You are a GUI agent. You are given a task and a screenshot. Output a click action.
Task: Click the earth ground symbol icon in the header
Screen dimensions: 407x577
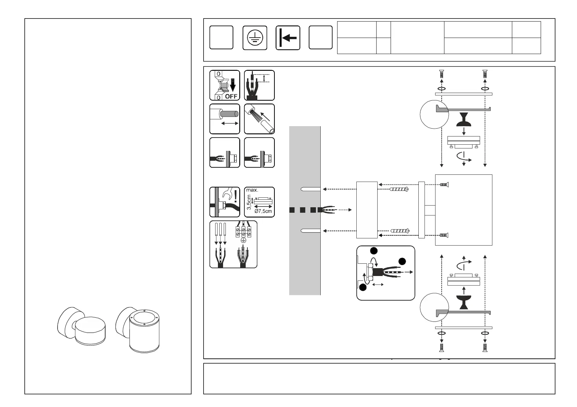pos(255,38)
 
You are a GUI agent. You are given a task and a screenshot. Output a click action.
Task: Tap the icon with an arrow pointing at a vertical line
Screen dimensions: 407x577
pos(288,38)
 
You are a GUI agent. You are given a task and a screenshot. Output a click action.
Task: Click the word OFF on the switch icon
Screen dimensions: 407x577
pos(231,96)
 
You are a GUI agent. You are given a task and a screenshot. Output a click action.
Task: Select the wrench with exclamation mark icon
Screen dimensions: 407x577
pos(224,202)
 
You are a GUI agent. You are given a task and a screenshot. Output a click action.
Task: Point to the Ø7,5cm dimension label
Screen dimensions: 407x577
pos(263,211)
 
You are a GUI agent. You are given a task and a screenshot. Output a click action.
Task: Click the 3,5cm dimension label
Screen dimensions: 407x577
pos(249,202)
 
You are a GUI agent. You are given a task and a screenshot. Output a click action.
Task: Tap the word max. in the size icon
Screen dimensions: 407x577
pos(252,190)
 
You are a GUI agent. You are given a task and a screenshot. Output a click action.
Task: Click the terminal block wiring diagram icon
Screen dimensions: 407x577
pos(233,244)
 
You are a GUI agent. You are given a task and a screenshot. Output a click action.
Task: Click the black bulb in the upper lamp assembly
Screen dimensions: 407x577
pos(464,119)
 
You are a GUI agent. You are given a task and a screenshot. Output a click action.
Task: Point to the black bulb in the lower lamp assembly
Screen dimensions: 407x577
pos(464,302)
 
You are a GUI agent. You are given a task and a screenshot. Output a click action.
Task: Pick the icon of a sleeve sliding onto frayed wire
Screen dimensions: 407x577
pos(259,119)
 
